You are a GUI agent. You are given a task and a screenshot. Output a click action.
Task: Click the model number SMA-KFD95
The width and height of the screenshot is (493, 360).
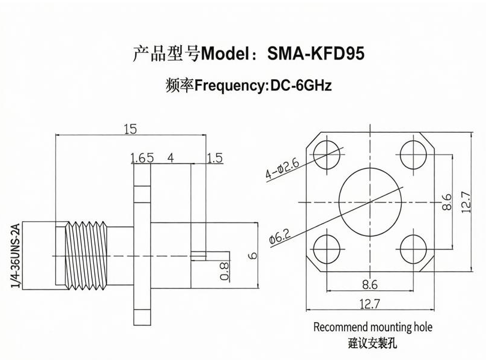[x=316, y=53]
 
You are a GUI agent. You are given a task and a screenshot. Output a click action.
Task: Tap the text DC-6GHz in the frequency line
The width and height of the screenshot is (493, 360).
[x=301, y=85]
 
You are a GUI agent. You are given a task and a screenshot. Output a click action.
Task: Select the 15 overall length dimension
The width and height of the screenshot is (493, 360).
[x=130, y=129]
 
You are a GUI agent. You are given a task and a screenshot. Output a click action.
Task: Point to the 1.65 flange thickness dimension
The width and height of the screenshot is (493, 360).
[x=142, y=158]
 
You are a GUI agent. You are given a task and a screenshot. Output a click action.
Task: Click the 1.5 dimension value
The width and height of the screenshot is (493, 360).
[x=215, y=158]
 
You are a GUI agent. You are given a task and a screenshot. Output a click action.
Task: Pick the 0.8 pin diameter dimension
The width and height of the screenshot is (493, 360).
[x=225, y=271]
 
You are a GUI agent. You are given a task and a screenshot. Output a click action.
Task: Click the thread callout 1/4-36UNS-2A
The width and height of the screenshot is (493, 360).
[x=16, y=255]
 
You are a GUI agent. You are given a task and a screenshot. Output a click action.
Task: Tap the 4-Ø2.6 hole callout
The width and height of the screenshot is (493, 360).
[x=282, y=169]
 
